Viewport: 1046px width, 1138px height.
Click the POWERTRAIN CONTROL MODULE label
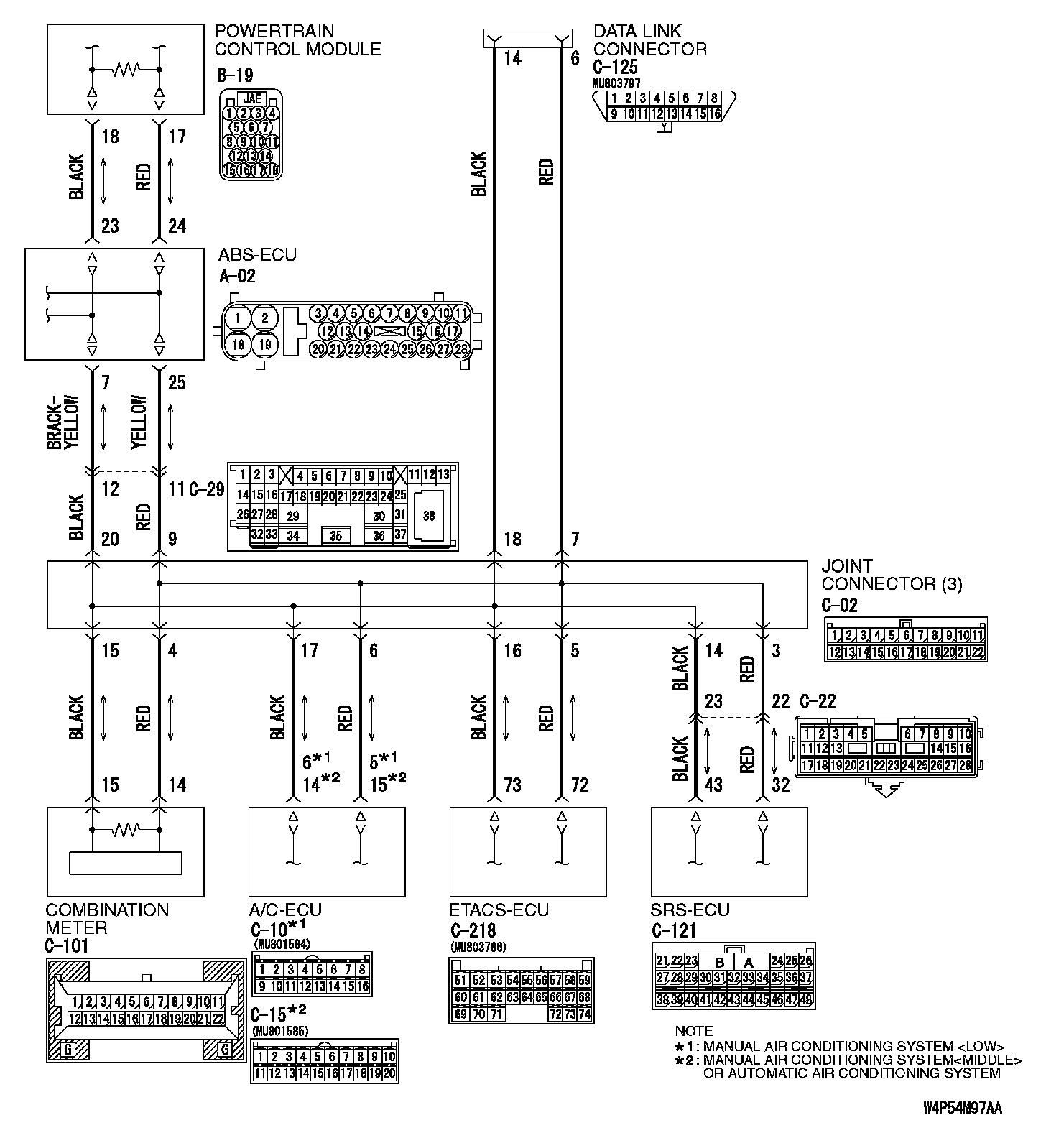(297, 40)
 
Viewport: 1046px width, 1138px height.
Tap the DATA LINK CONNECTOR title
(649, 40)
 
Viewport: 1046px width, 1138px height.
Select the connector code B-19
(234, 75)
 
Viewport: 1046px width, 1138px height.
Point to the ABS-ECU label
(257, 255)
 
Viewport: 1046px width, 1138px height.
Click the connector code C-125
(615, 68)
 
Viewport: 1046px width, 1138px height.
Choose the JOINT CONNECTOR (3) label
(892, 575)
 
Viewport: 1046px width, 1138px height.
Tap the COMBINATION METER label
(107, 919)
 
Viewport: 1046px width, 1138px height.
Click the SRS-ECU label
(690, 910)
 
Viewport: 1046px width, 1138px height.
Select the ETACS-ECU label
(499, 910)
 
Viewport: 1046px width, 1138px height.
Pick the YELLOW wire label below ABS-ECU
(139, 422)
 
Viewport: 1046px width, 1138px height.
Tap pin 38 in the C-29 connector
(429, 516)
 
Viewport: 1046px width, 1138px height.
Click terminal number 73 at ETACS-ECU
(512, 785)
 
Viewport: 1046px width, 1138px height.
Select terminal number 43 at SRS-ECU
(713, 785)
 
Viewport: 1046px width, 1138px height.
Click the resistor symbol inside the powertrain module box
(126, 69)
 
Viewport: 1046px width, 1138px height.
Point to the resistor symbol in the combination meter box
(126, 830)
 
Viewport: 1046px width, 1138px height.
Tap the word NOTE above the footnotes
(694, 1031)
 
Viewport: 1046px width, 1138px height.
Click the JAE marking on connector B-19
(251, 99)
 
